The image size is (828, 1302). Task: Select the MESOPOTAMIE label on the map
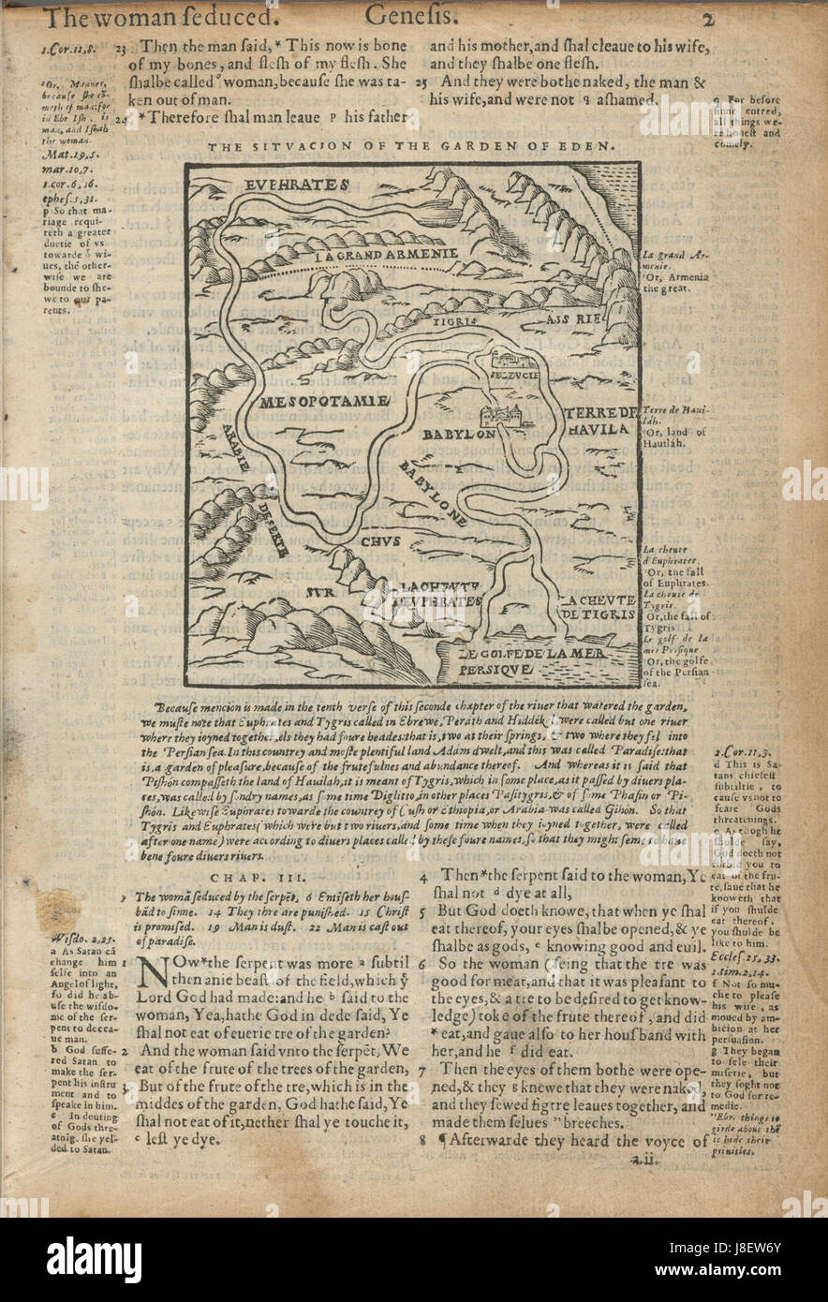coord(318,402)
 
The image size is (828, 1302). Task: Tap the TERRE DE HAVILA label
coord(600,422)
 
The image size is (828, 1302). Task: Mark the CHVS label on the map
coord(383,540)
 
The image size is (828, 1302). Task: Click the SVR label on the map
coord(320,594)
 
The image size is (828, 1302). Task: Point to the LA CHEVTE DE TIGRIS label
coord(598,607)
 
